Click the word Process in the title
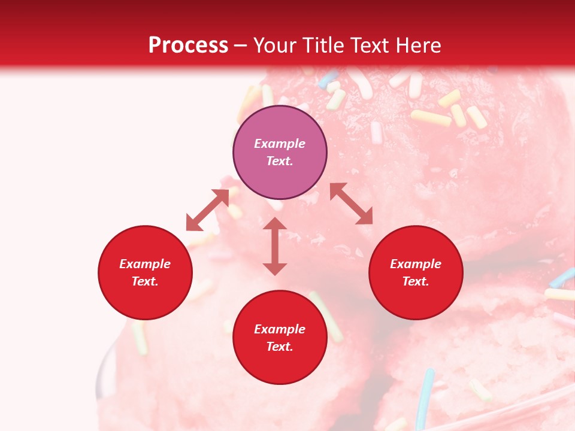[188, 45]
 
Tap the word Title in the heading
[326, 45]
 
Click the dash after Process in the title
[241, 46]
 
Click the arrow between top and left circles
[207, 210]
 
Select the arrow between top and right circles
[351, 204]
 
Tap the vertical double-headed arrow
[275, 246]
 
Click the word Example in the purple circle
[280, 144]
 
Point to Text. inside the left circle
[145, 281]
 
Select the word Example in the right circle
[416, 264]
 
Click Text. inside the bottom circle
[280, 347]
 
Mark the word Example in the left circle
[145, 264]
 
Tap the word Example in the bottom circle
[280, 329]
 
